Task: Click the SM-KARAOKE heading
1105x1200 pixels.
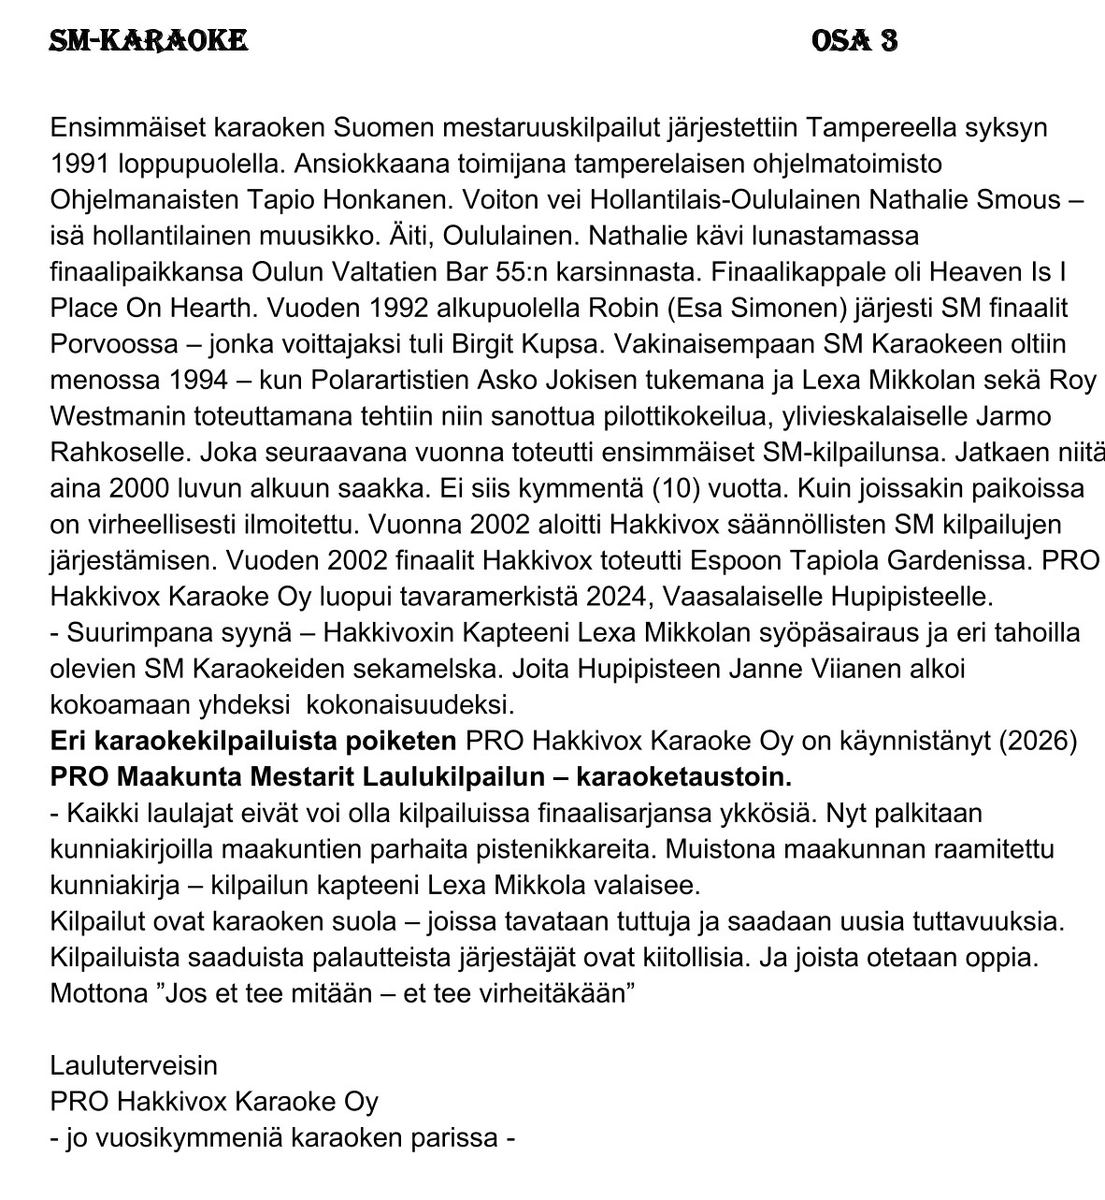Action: [x=149, y=40]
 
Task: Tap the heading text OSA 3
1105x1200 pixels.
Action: [x=854, y=40]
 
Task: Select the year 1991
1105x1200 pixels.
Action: [x=81, y=164]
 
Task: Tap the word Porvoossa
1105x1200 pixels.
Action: [x=113, y=344]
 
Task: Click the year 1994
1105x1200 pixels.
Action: [x=195, y=381]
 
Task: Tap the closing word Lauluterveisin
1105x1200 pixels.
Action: [x=134, y=1065]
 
